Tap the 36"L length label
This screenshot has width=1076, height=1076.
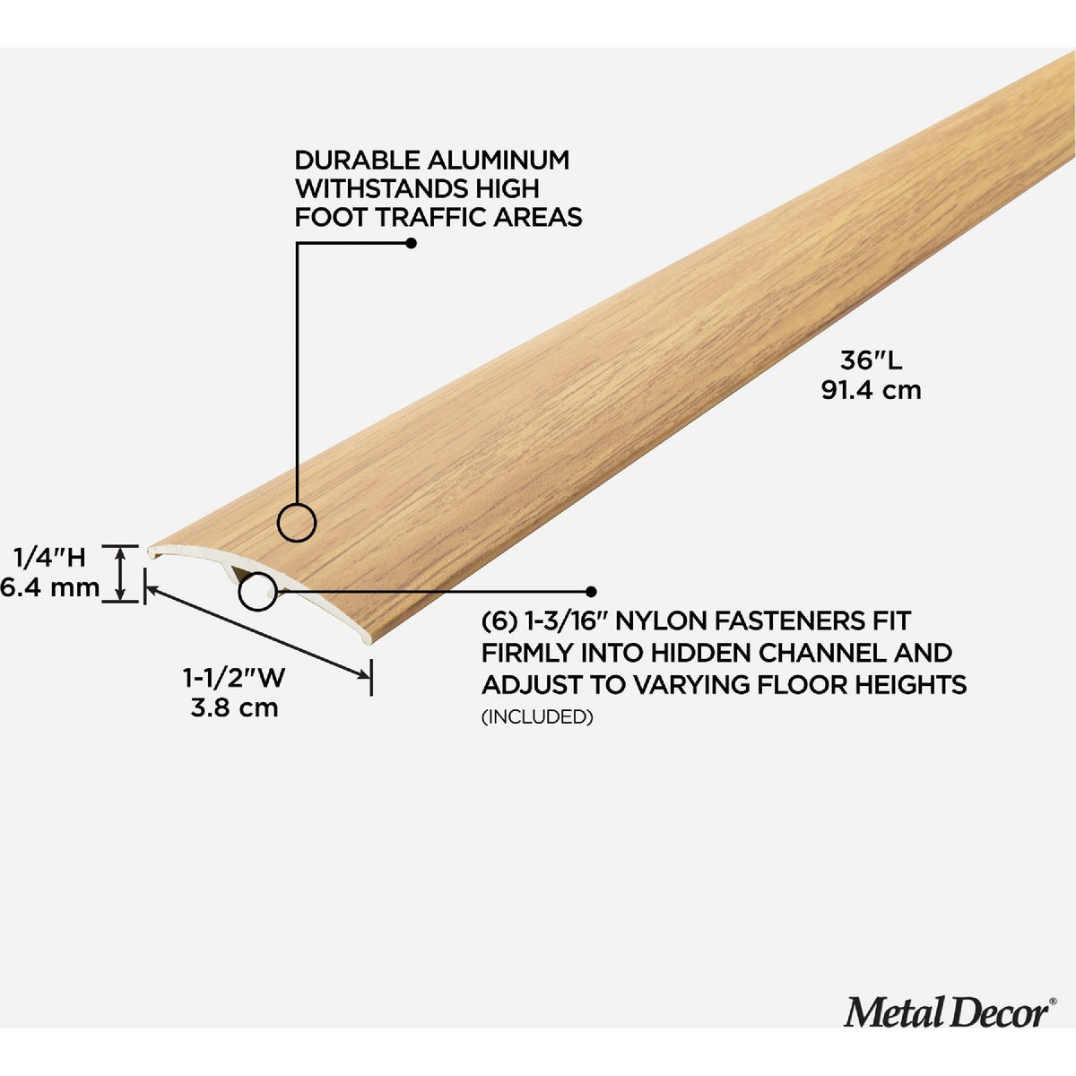[871, 360]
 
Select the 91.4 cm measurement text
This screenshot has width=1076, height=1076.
[871, 390]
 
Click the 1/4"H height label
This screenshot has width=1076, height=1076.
[49, 557]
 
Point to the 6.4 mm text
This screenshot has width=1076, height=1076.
[49, 587]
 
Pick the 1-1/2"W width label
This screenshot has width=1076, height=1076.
[234, 678]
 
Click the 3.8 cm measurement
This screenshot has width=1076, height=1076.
[234, 707]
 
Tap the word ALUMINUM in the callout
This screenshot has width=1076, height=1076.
[499, 161]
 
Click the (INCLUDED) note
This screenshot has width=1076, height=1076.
[537, 716]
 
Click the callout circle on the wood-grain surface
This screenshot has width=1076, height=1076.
[297, 523]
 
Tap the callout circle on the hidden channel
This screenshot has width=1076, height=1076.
[257, 591]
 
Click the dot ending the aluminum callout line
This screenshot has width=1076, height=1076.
[411, 244]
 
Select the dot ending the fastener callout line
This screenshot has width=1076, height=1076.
[591, 591]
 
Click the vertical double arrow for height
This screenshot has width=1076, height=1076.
[120, 574]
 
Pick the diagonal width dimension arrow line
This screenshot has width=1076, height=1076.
[257, 633]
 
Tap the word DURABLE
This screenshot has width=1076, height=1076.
[358, 161]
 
